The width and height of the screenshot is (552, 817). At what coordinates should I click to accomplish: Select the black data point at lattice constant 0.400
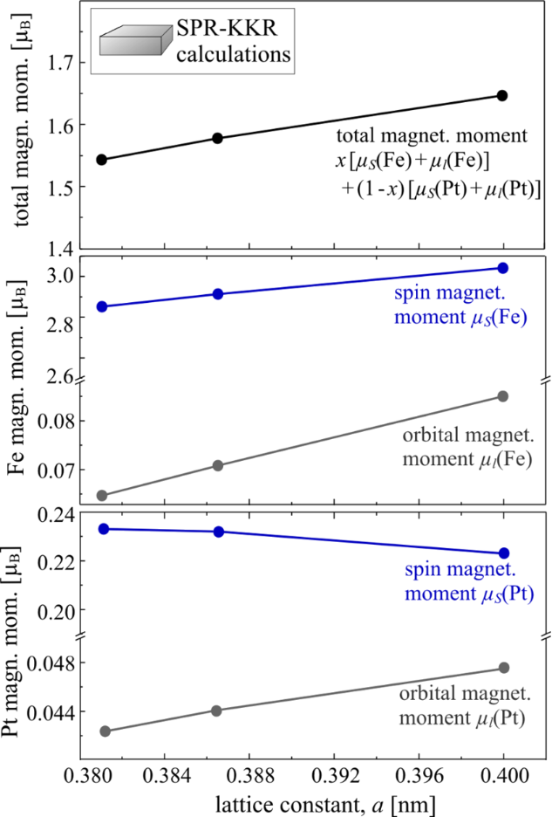tap(502, 95)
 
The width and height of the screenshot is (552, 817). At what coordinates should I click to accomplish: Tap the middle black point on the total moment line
tap(218, 138)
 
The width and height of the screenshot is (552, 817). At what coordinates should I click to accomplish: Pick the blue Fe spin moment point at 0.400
tap(502, 267)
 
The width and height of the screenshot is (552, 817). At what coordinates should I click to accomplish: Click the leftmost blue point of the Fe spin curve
tap(101, 306)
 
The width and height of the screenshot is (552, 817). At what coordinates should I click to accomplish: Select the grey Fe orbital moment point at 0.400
tap(502, 396)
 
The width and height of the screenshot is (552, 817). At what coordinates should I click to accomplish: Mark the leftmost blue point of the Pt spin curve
tap(101, 529)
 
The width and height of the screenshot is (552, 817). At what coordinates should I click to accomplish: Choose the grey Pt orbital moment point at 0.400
tap(502, 668)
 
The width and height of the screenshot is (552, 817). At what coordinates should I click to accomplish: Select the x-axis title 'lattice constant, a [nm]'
tap(301, 802)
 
